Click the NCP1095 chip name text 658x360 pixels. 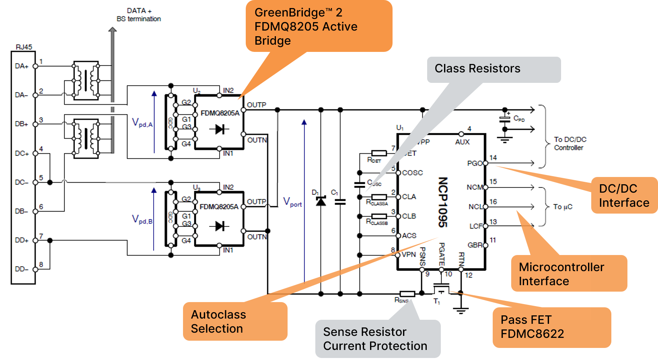tap(443, 202)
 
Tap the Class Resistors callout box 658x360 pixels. tap(493, 69)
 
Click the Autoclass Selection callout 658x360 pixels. tap(235, 321)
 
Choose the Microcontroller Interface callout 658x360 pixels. tap(568, 274)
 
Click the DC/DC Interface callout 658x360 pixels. tap(624, 195)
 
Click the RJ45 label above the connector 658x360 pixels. tap(24, 47)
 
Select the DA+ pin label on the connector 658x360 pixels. tap(21, 66)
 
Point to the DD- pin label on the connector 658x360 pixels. tap(21, 269)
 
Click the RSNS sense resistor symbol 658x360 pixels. tap(407, 294)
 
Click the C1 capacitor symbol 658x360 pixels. tap(340, 202)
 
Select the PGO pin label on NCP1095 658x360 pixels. tap(475, 163)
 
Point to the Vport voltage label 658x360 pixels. tap(292, 202)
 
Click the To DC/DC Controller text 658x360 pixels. tap(570, 144)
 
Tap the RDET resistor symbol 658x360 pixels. tap(379, 153)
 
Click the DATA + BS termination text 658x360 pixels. tap(139, 15)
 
